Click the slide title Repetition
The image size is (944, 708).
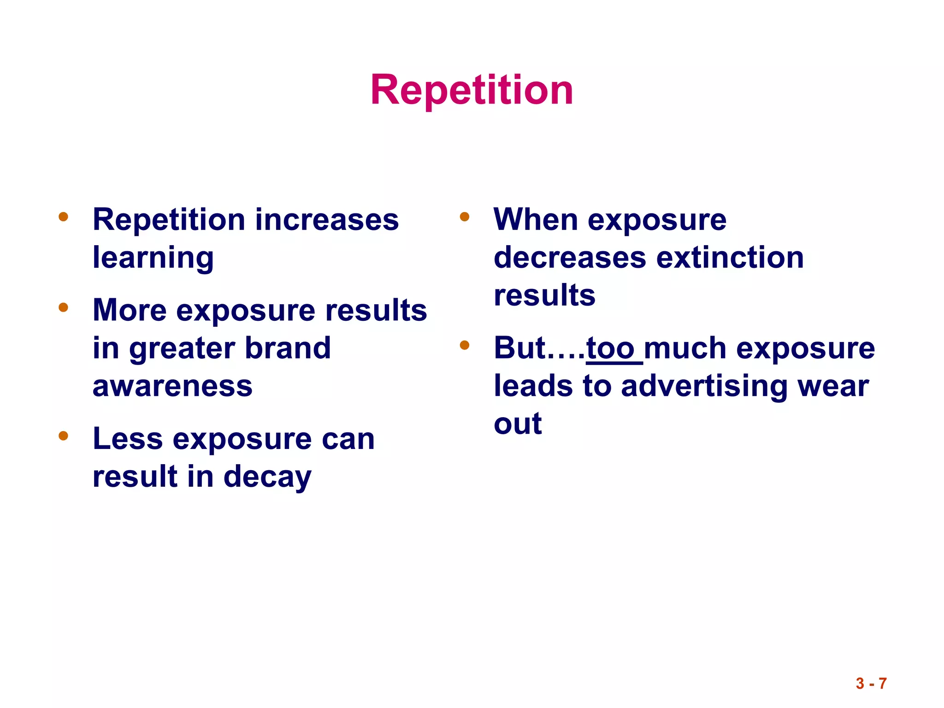click(x=472, y=90)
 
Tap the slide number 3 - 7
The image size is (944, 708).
click(x=871, y=683)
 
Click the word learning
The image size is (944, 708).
click(x=153, y=258)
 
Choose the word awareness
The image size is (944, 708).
click(x=172, y=386)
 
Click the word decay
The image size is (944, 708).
click(x=267, y=477)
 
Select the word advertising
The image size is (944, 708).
click(x=704, y=386)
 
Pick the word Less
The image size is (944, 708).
click(x=128, y=439)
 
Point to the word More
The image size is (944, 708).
click(x=130, y=310)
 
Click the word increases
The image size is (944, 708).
click(x=327, y=220)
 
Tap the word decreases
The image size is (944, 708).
click(x=570, y=258)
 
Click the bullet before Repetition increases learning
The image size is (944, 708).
click(x=64, y=217)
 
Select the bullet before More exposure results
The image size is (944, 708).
click(x=64, y=307)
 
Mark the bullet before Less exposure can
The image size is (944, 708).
click(x=64, y=436)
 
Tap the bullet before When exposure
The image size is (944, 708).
click(x=464, y=217)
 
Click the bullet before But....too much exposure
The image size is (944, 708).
click(x=464, y=345)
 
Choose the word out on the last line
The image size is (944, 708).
click(x=518, y=424)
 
